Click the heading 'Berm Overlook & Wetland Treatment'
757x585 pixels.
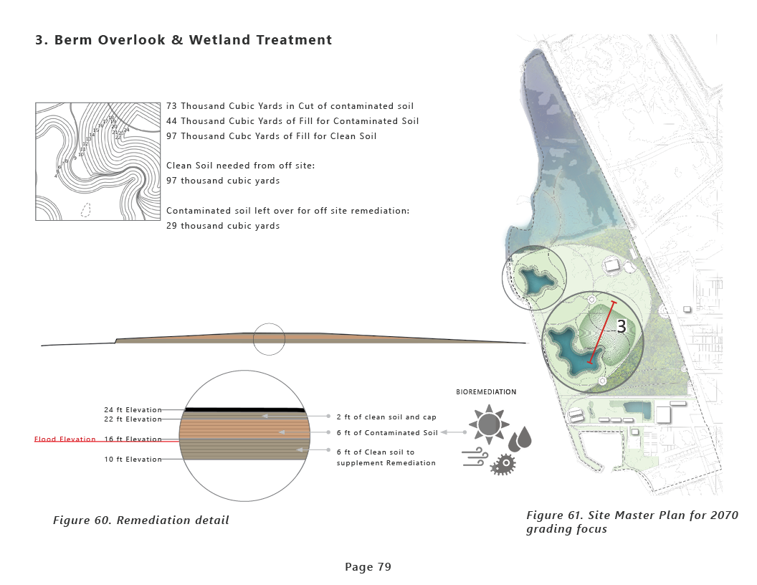[x=184, y=40]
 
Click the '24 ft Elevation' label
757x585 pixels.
[x=133, y=410]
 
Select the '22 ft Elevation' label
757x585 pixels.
[x=133, y=419]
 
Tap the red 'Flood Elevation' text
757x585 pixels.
[x=65, y=439]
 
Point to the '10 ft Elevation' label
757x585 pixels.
[x=133, y=460]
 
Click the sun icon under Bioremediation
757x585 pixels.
[x=489, y=424]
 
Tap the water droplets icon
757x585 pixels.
[x=520, y=437]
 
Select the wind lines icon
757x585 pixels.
[x=475, y=457]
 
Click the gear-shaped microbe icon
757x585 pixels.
[x=504, y=465]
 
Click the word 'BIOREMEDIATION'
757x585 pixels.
[x=486, y=392]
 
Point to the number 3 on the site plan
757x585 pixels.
[x=622, y=327]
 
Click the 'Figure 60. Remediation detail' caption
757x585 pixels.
[x=141, y=520]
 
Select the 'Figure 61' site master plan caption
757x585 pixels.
[x=632, y=522]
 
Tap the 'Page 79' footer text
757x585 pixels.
[x=368, y=567]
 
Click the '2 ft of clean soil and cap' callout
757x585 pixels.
[x=386, y=417]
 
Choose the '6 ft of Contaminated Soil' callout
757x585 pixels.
[x=386, y=432]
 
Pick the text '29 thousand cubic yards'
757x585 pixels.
[x=223, y=226]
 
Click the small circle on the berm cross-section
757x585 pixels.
[x=269, y=339]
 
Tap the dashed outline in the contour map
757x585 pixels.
[x=86, y=210]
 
